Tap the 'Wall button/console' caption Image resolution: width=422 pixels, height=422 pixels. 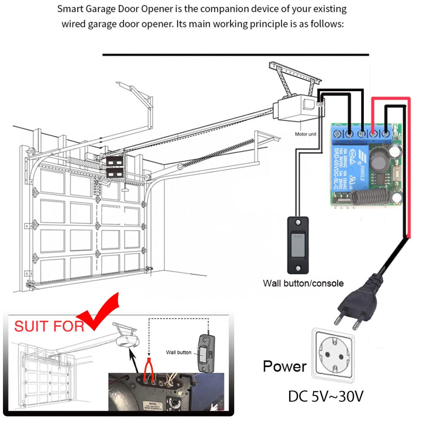[303, 283]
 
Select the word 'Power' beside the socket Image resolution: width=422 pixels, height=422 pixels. [284, 366]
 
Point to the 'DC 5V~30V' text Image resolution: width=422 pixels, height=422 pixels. [326, 397]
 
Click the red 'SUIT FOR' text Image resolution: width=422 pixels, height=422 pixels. [49, 326]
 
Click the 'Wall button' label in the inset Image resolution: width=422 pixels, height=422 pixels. [179, 352]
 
